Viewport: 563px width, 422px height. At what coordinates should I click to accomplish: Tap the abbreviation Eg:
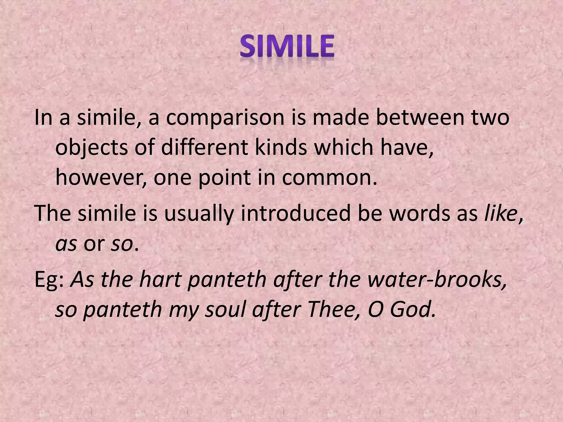50,281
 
